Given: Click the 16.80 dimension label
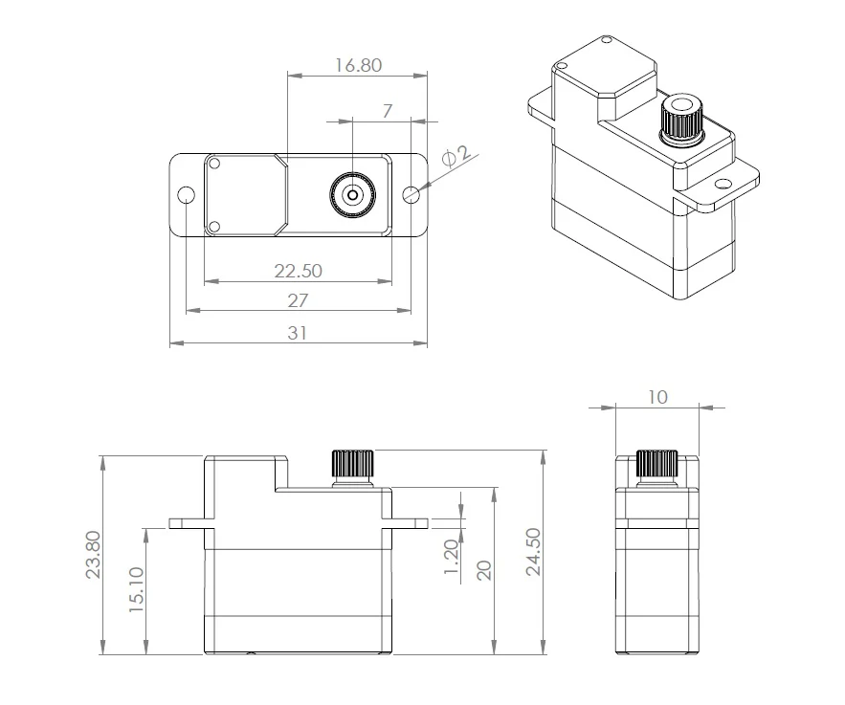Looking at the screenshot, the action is click(358, 65).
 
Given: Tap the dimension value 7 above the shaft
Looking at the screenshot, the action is click(387, 111).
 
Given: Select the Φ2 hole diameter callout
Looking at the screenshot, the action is click(456, 156).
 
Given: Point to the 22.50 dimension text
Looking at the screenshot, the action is click(298, 271).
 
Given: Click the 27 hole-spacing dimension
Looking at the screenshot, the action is click(298, 300).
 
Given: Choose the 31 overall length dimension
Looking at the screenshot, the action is click(298, 333).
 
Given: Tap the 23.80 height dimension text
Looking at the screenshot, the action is click(93, 554).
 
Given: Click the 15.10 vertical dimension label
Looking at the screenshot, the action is click(136, 589).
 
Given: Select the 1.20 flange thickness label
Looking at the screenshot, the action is click(451, 557).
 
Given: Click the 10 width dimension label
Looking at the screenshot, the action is click(657, 397).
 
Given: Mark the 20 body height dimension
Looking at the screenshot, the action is click(484, 570).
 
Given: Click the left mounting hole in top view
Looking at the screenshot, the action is click(186, 194).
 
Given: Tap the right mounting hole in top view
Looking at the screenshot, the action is click(411, 194).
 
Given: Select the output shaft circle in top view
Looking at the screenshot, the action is click(352, 195).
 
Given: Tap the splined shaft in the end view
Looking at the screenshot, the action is click(656, 466).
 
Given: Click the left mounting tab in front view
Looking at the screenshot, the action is click(191, 523).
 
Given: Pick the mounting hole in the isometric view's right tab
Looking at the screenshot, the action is click(721, 185).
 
